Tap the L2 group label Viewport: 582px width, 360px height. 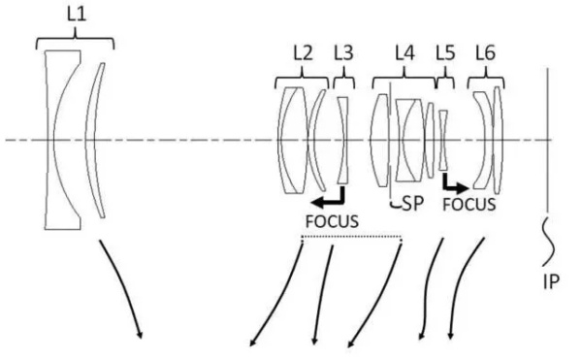(303, 53)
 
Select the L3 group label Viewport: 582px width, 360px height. (343, 53)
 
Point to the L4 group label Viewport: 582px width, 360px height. (405, 53)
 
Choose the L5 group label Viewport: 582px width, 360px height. (444, 53)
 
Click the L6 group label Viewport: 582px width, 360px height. (484, 53)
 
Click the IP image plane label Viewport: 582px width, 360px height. (551, 285)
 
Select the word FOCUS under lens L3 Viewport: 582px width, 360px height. (333, 221)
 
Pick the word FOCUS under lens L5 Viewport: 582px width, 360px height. (469, 205)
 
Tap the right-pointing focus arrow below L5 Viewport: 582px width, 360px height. (454, 181)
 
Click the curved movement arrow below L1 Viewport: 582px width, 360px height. (123, 291)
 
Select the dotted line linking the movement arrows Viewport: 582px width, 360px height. (351, 237)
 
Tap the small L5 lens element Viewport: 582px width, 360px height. (443, 141)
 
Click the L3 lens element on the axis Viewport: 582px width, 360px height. (342, 140)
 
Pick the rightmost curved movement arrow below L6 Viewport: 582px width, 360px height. (464, 291)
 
